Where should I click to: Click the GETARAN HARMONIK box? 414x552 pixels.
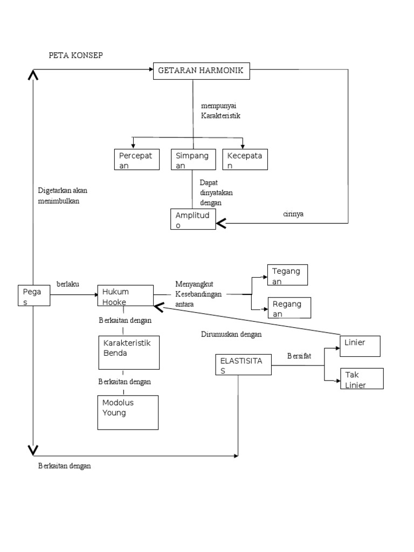coord(202,71)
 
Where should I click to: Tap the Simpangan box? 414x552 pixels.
coord(192,160)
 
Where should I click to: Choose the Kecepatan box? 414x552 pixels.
coord(245,160)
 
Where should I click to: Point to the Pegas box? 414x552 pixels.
coord(34,296)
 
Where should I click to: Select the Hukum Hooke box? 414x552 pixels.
coord(125,296)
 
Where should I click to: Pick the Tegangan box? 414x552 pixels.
coord(287,275)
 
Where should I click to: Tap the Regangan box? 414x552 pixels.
coord(287,308)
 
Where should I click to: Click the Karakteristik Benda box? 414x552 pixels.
coord(129,353)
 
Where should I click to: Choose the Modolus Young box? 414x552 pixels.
coord(128,412)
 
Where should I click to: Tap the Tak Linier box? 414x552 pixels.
coord(362,378)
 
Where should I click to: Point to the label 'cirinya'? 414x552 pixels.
coord(293,214)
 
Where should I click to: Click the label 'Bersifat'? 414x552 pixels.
coord(299,356)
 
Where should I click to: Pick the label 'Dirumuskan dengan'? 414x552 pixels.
coord(231,334)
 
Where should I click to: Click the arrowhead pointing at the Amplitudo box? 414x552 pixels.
coord(221,223)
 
